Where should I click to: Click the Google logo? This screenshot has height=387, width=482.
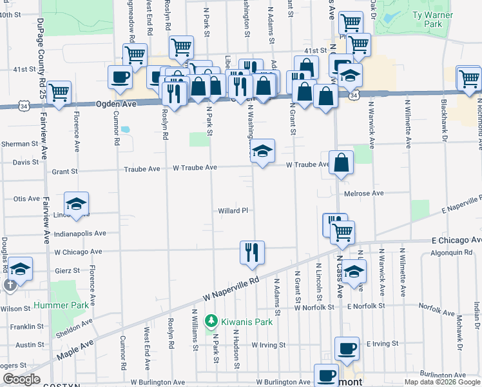[22, 380]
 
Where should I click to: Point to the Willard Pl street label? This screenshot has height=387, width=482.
[233, 211]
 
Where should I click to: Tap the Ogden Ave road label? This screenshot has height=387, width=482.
[117, 104]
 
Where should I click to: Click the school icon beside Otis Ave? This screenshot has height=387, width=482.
[76, 204]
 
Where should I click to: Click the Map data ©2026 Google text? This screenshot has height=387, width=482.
[443, 382]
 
